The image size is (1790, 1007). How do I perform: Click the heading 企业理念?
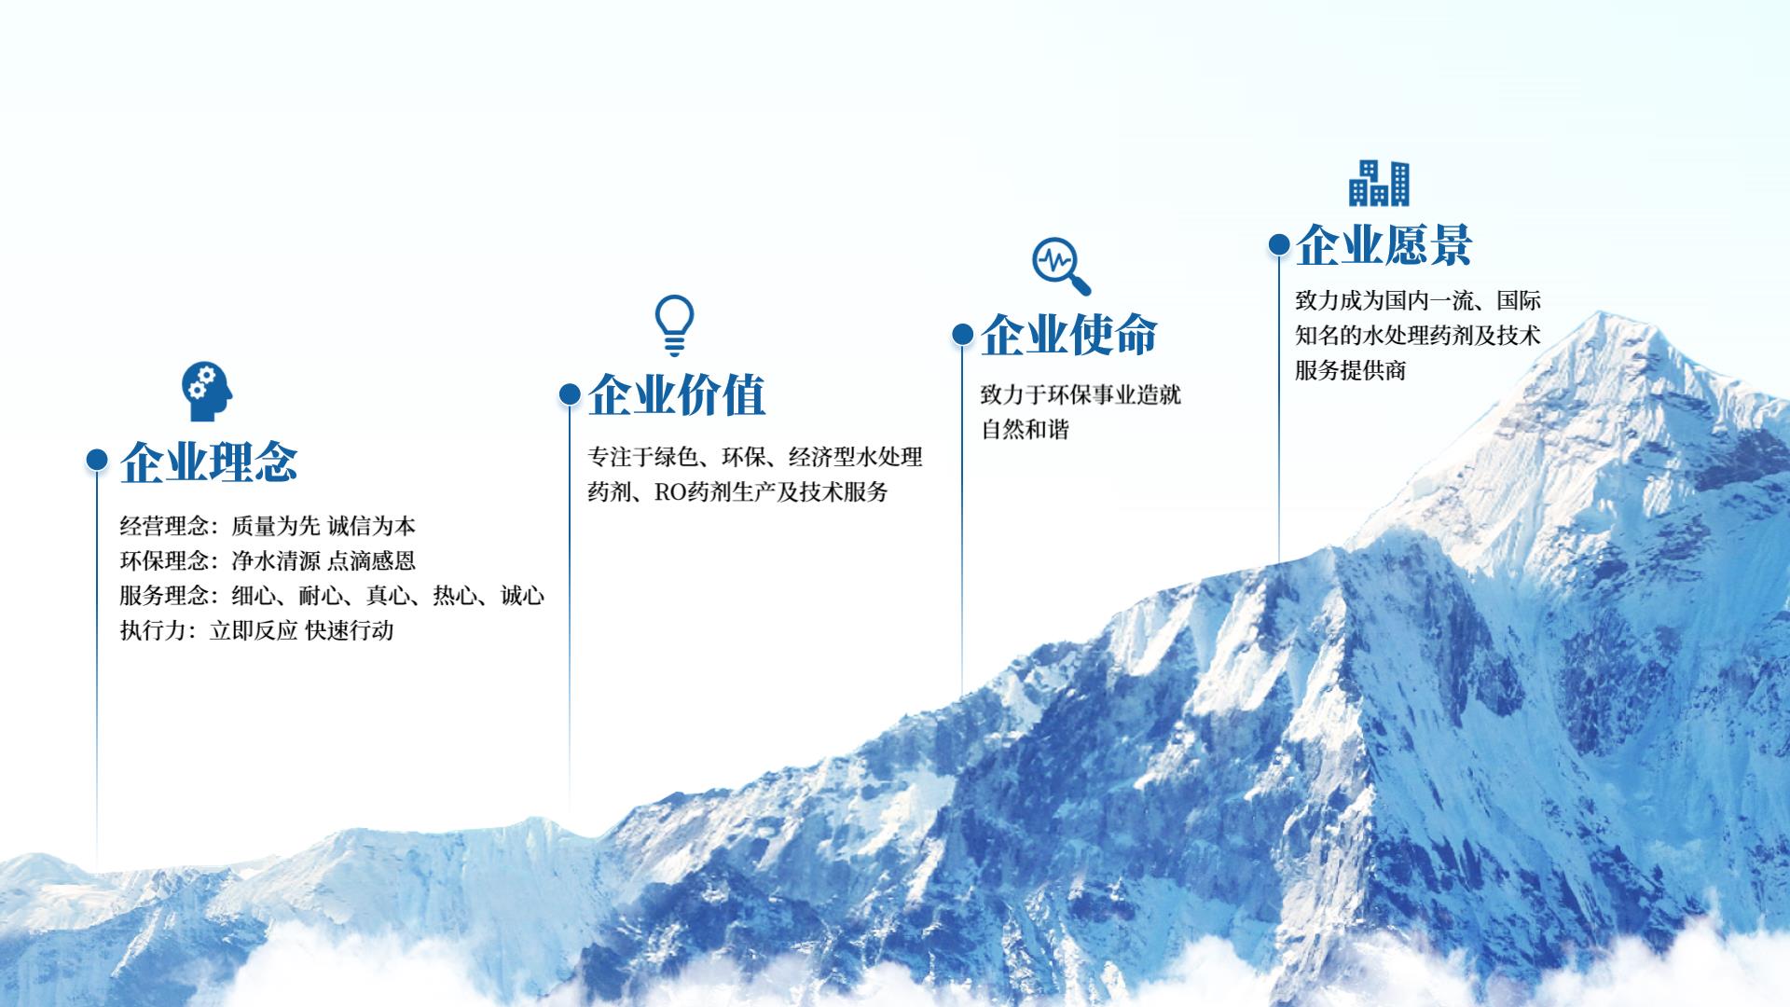point(209,461)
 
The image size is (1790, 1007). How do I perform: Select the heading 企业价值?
point(677,394)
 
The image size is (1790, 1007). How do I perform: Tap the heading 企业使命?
point(1069,334)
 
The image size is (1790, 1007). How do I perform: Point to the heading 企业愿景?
point(1384,245)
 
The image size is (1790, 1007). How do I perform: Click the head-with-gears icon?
point(207,392)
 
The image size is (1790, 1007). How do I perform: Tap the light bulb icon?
point(674,325)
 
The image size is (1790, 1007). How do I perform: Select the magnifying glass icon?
point(1061,266)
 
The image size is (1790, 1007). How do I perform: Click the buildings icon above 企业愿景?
point(1379,183)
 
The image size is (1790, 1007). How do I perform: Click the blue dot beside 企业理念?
point(97,459)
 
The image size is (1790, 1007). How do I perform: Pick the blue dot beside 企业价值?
point(570,393)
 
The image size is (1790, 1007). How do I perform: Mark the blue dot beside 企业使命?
point(962,334)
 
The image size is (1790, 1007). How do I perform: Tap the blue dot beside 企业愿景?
point(1279,244)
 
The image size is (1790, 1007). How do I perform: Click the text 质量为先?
point(276,526)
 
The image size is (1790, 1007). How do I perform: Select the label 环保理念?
point(164,560)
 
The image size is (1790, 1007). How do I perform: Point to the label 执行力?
point(153,630)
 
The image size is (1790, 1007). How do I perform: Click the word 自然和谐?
point(1025,429)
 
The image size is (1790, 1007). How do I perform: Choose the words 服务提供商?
point(1350,370)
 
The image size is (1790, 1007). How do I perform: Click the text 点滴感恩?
point(371,560)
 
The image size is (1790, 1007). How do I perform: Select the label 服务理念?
point(164,595)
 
